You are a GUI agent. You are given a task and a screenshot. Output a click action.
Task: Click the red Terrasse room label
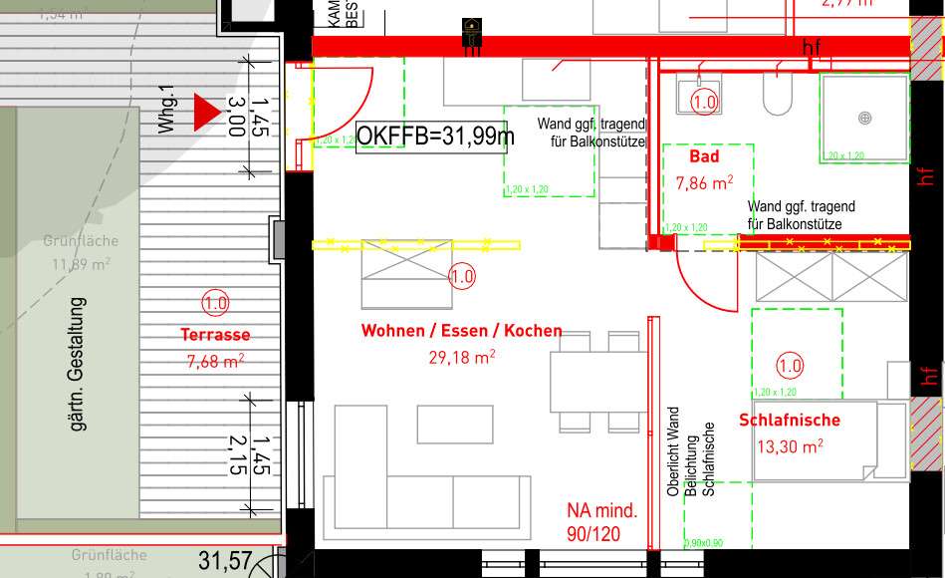215,335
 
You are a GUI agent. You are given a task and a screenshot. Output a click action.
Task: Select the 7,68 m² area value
215,362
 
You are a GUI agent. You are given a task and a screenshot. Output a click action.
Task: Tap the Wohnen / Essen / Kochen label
461,331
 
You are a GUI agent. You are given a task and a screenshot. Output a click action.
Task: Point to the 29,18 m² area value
462,356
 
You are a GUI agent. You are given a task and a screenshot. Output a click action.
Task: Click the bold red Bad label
704,156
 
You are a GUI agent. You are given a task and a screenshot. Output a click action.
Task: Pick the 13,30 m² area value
790,446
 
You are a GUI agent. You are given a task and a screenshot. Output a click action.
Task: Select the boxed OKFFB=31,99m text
435,136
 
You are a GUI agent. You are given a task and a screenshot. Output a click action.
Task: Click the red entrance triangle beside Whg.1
205,112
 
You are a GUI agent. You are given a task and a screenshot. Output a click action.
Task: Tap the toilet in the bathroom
776,97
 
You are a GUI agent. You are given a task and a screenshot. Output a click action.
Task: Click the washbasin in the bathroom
700,98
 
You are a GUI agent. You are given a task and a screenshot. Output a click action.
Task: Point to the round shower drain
864,118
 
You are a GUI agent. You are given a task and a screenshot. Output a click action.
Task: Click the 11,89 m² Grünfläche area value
81,264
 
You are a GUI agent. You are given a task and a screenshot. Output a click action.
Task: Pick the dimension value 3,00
236,116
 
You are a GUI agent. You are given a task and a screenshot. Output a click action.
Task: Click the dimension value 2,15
236,454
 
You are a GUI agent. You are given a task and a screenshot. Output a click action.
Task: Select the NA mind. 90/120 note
601,524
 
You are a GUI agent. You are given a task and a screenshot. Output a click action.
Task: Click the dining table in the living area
597,383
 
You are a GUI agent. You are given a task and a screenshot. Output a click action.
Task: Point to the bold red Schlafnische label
790,421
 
